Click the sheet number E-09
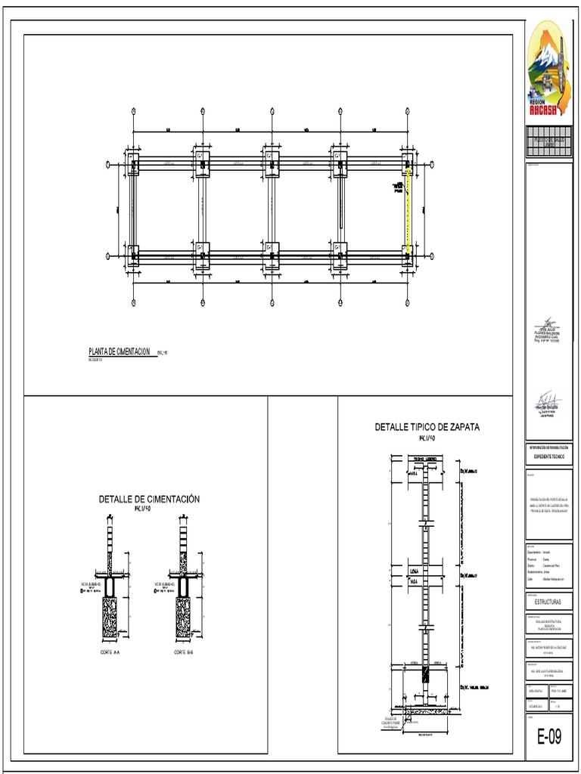549,736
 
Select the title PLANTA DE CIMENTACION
120,351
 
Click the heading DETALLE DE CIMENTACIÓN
148,499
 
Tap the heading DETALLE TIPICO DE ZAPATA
427,426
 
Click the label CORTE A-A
110,652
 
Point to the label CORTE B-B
183,652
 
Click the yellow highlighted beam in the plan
409,212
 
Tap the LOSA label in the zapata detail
415,571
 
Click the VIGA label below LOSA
414,581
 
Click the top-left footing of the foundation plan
134,164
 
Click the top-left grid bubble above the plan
133,110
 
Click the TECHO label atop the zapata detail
418,460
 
